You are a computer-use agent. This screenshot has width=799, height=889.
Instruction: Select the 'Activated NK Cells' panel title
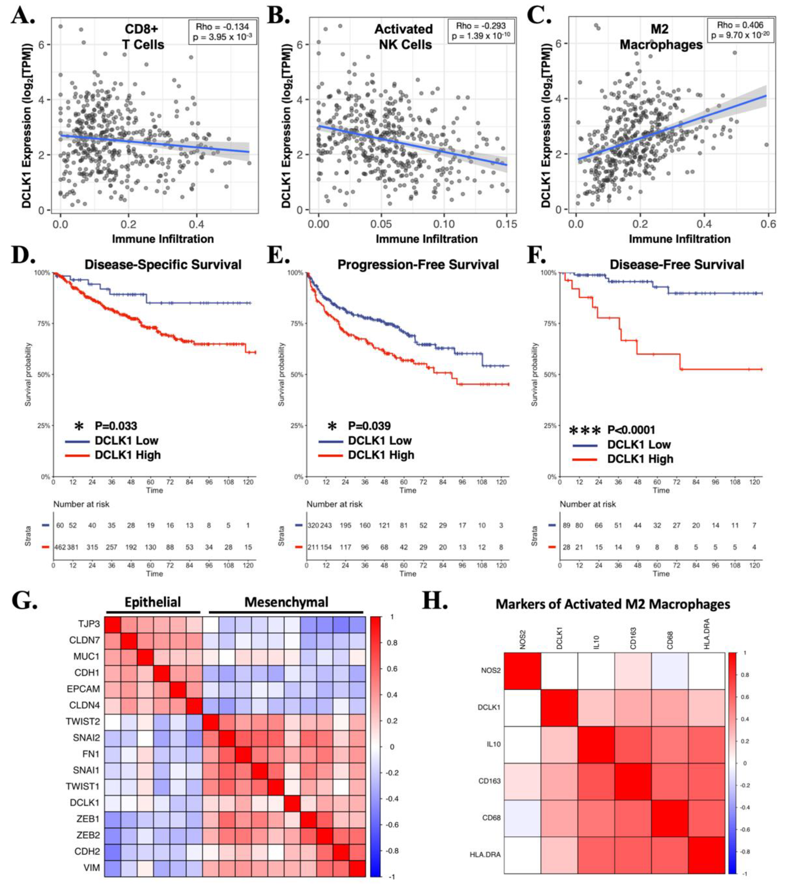403,37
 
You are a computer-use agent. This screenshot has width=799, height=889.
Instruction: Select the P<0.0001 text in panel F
631,430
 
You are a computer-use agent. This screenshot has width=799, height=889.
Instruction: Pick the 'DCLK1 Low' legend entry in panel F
639,445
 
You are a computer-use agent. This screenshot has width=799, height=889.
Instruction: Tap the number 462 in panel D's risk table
60,547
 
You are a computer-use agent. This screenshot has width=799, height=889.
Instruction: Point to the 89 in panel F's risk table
566,526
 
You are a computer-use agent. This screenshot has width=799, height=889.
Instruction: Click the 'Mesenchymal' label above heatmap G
286,602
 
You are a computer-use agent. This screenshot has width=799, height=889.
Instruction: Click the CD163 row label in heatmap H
489,781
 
